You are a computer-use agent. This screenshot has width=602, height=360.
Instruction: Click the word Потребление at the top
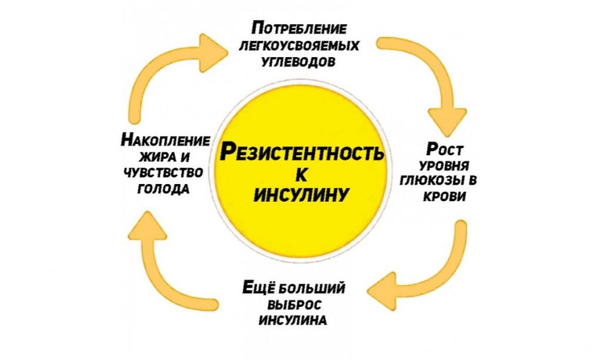(x=299, y=28)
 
